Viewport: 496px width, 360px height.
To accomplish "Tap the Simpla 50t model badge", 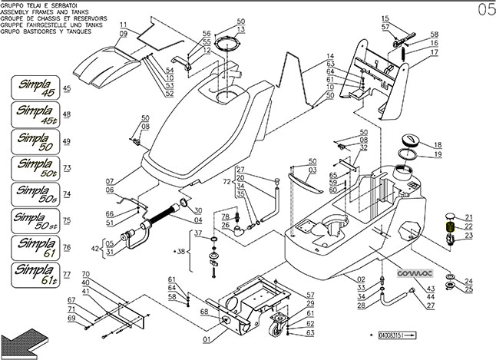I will [x=37, y=167].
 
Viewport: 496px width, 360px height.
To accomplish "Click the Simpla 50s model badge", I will [x=37, y=195].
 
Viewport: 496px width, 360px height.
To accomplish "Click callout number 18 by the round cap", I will [x=438, y=144].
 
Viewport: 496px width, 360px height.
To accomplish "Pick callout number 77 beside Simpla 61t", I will [x=67, y=274].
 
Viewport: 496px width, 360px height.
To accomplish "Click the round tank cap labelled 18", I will [x=410, y=139].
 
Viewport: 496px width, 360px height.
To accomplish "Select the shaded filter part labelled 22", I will [x=449, y=227].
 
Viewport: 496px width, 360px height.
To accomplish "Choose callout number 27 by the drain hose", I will [x=431, y=306].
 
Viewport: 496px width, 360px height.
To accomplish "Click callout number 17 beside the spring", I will [x=434, y=53].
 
